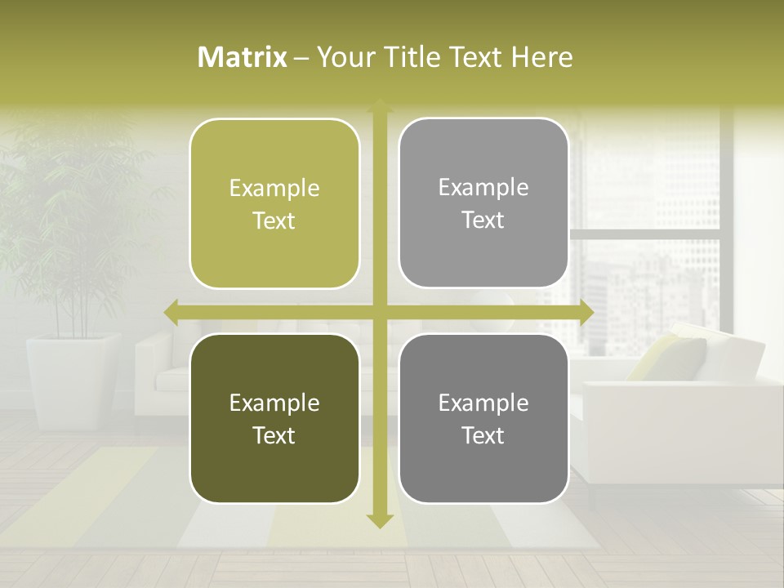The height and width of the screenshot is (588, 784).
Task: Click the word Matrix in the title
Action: click(x=243, y=57)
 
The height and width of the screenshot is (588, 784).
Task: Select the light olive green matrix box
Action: click(x=274, y=203)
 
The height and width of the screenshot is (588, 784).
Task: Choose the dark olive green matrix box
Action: click(x=274, y=418)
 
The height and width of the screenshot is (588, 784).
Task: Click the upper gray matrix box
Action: click(x=483, y=203)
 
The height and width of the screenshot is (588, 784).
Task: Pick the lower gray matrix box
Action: click(x=483, y=418)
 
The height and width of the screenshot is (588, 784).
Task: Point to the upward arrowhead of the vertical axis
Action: click(x=379, y=105)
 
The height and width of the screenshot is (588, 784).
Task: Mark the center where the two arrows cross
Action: click(x=379, y=312)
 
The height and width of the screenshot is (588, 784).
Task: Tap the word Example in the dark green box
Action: click(x=274, y=403)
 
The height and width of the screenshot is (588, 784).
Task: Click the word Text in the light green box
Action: click(x=274, y=221)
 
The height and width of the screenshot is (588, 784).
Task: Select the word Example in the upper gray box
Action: click(x=483, y=187)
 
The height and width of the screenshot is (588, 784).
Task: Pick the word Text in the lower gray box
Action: click(x=483, y=436)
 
